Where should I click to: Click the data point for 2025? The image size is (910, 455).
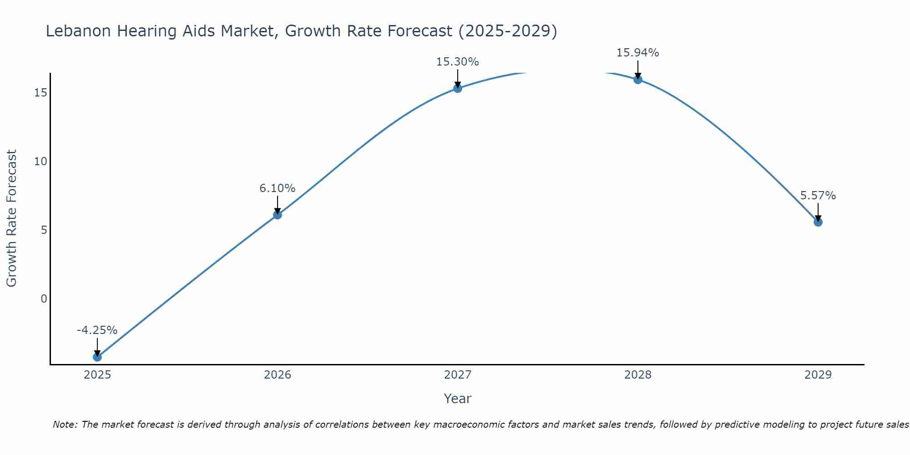97,357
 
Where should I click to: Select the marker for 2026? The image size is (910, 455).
278,215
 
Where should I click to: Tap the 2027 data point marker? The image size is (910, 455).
458,88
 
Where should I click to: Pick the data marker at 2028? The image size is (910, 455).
638,80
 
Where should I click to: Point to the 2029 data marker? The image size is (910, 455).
818,222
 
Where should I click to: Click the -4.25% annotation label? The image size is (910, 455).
97,330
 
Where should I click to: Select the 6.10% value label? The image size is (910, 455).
278,188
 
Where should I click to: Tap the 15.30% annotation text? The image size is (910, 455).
457,62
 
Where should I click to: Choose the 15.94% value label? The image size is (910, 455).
637,53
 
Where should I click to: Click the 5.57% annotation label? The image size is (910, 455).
818,196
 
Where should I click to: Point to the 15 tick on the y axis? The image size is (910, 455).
40,93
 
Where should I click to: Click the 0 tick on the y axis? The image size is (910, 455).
44,299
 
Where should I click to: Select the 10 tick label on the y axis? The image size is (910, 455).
40,162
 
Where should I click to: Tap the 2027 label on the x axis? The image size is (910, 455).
458,375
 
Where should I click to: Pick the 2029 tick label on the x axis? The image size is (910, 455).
818,375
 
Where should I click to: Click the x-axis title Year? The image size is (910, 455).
457,399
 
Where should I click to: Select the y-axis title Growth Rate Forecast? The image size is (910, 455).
11,218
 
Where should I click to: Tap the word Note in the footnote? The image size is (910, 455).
65,425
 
